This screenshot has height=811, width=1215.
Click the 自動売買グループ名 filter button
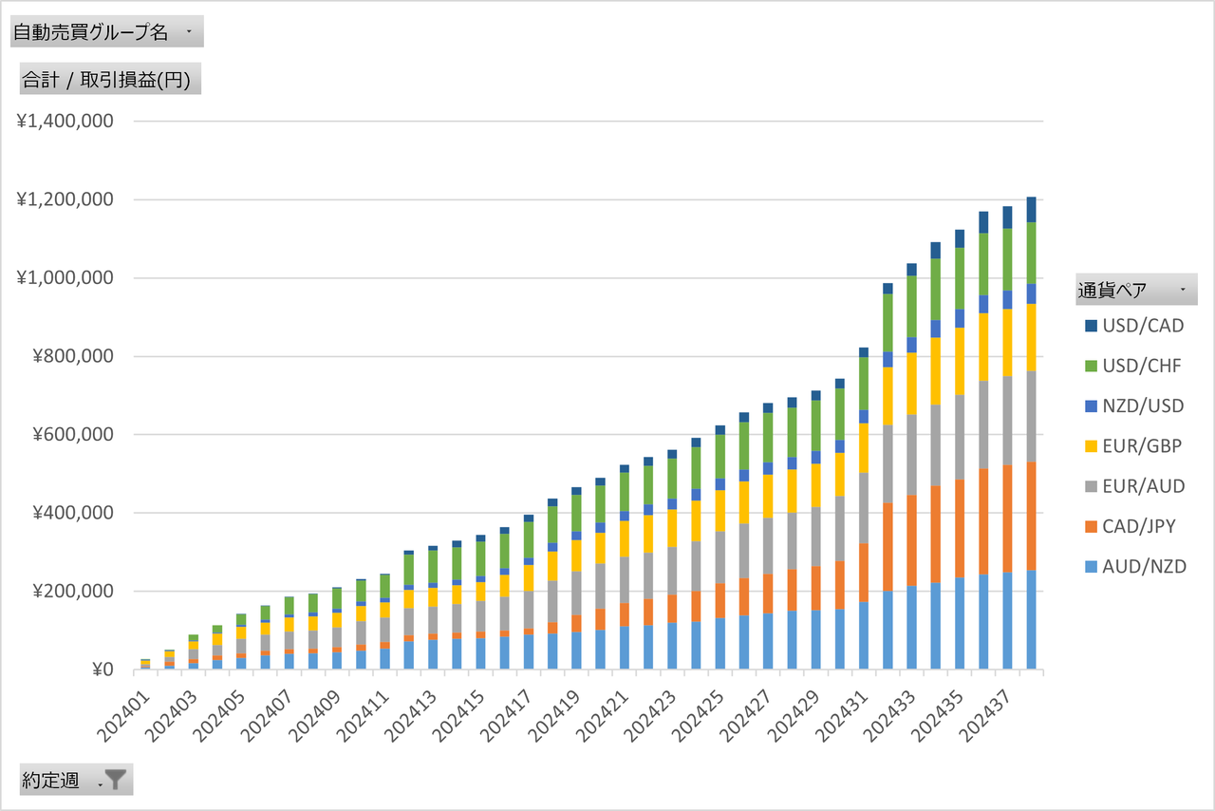point(106,32)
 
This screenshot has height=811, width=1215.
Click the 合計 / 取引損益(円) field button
point(110,80)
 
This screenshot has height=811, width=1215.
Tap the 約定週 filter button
point(76,780)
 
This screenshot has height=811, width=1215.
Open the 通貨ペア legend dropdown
point(1136,290)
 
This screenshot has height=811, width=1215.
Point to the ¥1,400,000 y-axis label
point(65,121)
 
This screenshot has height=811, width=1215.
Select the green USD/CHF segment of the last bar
point(1031,253)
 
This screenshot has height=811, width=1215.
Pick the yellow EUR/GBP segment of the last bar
point(1031,337)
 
